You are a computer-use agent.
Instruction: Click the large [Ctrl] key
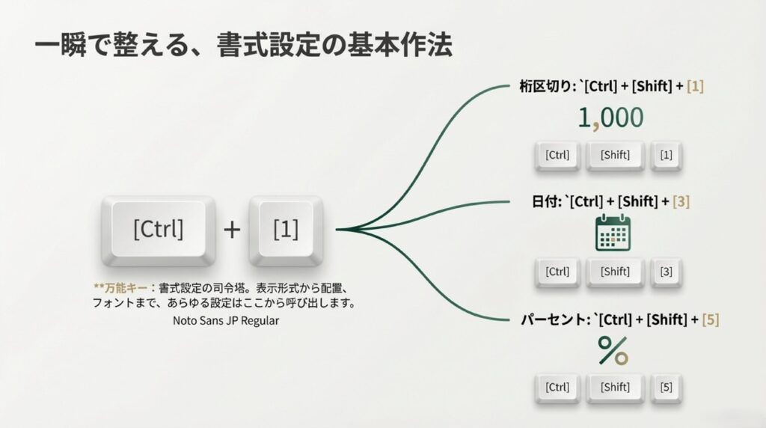point(158,228)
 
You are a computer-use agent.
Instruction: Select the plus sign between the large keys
point(232,229)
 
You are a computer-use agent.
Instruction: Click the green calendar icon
point(613,233)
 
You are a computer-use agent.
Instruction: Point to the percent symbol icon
point(613,350)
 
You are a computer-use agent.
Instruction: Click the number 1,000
point(610,117)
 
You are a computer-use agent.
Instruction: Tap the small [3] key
point(666,272)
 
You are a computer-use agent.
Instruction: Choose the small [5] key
point(666,387)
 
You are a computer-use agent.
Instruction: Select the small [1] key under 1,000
point(666,156)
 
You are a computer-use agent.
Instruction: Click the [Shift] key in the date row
point(615,272)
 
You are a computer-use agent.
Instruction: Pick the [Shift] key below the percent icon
point(615,387)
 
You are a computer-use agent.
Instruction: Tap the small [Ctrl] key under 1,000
point(557,156)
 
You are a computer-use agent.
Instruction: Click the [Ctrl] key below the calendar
point(557,272)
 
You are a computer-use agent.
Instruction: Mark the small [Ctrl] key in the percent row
point(557,387)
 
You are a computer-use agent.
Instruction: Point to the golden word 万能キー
point(123,287)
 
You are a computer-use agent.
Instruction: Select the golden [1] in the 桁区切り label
point(695,86)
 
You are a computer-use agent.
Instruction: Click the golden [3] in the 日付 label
point(681,203)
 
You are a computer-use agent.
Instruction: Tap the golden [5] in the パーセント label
point(711,320)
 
